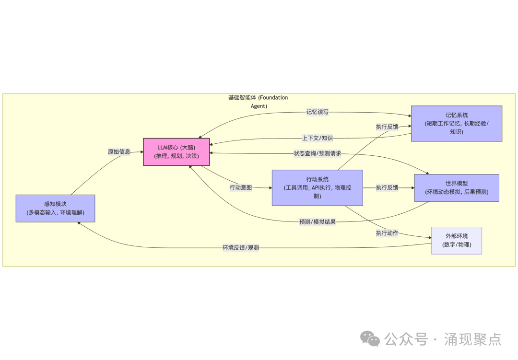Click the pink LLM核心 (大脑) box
(176, 151)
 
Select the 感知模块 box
(55, 208)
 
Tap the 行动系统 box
(317, 187)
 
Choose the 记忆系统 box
(457, 123)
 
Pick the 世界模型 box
(457, 187)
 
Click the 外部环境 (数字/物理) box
(457, 240)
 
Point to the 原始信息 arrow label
(119, 151)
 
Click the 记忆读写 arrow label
(318, 112)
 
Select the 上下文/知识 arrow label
(318, 138)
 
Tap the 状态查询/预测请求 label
(318, 154)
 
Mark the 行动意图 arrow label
(241, 187)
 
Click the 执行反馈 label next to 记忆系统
(387, 127)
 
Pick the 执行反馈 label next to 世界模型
(387, 187)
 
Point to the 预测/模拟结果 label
(318, 221)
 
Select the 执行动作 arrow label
(387, 233)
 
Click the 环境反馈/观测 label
(241, 248)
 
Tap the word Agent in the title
(259, 106)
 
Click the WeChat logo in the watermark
(370, 339)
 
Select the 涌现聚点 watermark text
(472, 339)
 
